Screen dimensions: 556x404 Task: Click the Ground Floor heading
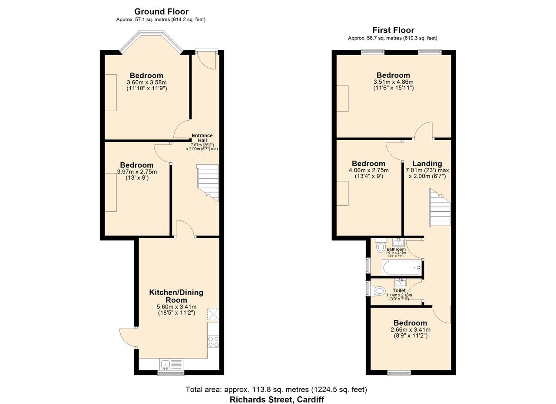tap(161, 12)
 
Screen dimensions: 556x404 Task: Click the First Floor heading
tap(393, 30)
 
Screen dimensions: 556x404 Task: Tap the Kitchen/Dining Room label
tap(176, 296)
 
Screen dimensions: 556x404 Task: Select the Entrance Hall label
tap(202, 138)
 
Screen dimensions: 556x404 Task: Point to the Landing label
tap(427, 164)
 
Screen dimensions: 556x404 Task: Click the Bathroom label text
tap(396, 249)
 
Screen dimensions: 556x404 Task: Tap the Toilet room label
tap(399, 290)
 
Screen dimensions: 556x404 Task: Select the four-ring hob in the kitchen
tap(213, 342)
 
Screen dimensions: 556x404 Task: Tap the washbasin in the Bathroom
tap(399, 242)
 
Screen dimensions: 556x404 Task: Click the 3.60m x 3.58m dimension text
tap(147, 82)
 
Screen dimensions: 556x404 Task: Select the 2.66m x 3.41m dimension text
tap(410, 330)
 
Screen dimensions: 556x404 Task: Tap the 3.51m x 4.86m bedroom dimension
tap(394, 82)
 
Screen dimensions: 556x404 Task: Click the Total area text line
tap(276, 390)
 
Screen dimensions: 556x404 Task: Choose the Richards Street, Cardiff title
tap(277, 400)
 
